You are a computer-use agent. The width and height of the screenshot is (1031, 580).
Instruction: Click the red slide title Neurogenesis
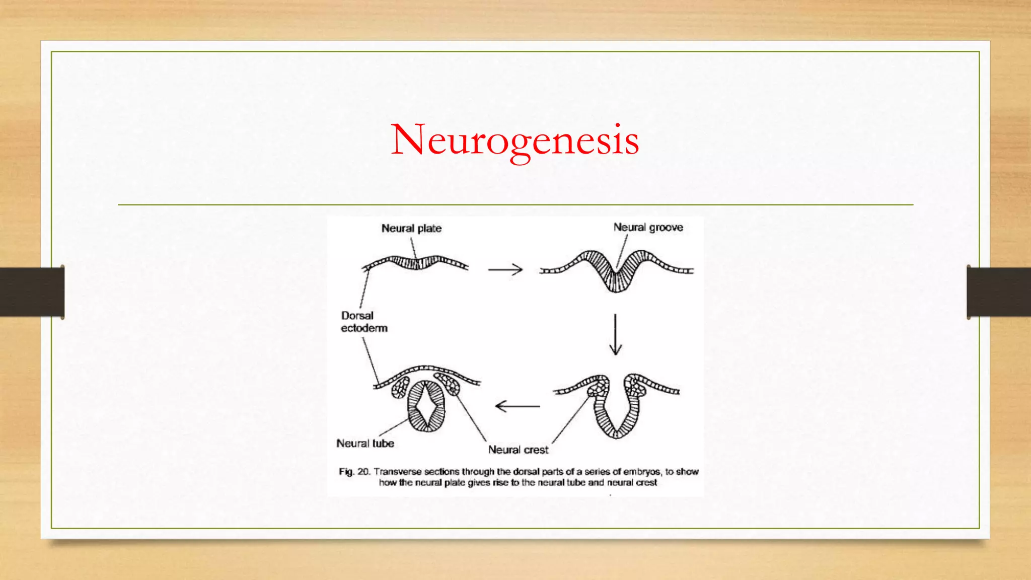(x=515, y=139)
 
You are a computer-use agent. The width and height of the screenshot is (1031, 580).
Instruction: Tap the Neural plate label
(x=411, y=229)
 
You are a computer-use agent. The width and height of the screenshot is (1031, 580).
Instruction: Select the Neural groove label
(x=648, y=228)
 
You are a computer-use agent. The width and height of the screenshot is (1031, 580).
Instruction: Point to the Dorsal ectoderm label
(x=363, y=322)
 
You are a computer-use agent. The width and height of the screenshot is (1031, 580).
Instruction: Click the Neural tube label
(x=365, y=444)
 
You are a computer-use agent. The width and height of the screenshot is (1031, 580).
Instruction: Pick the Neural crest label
(x=518, y=450)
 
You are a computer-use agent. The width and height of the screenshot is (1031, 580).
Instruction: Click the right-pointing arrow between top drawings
(x=505, y=270)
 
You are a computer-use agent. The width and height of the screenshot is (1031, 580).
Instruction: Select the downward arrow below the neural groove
(x=615, y=335)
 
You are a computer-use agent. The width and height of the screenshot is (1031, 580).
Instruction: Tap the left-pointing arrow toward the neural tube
(x=517, y=406)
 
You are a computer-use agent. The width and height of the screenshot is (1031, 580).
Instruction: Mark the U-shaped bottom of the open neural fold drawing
(x=616, y=430)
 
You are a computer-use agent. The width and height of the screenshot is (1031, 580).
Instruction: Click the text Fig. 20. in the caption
(x=354, y=472)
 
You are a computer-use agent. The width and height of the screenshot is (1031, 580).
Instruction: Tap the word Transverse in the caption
(x=398, y=472)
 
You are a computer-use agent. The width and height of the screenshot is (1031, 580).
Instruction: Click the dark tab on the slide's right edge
(x=999, y=292)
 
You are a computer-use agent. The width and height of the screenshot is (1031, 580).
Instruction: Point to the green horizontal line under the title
(x=515, y=205)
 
